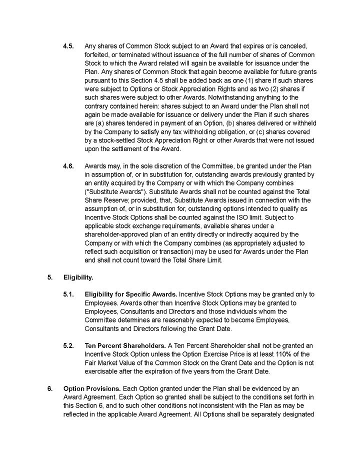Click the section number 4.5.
click(x=68, y=46)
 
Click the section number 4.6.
click(x=68, y=166)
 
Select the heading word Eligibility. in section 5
click(x=78, y=277)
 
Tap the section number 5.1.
click(x=68, y=294)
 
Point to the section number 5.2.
click(x=68, y=346)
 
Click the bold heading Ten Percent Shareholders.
click(x=125, y=346)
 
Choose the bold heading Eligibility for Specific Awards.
click(x=131, y=294)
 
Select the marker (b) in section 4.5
click(x=231, y=123)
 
